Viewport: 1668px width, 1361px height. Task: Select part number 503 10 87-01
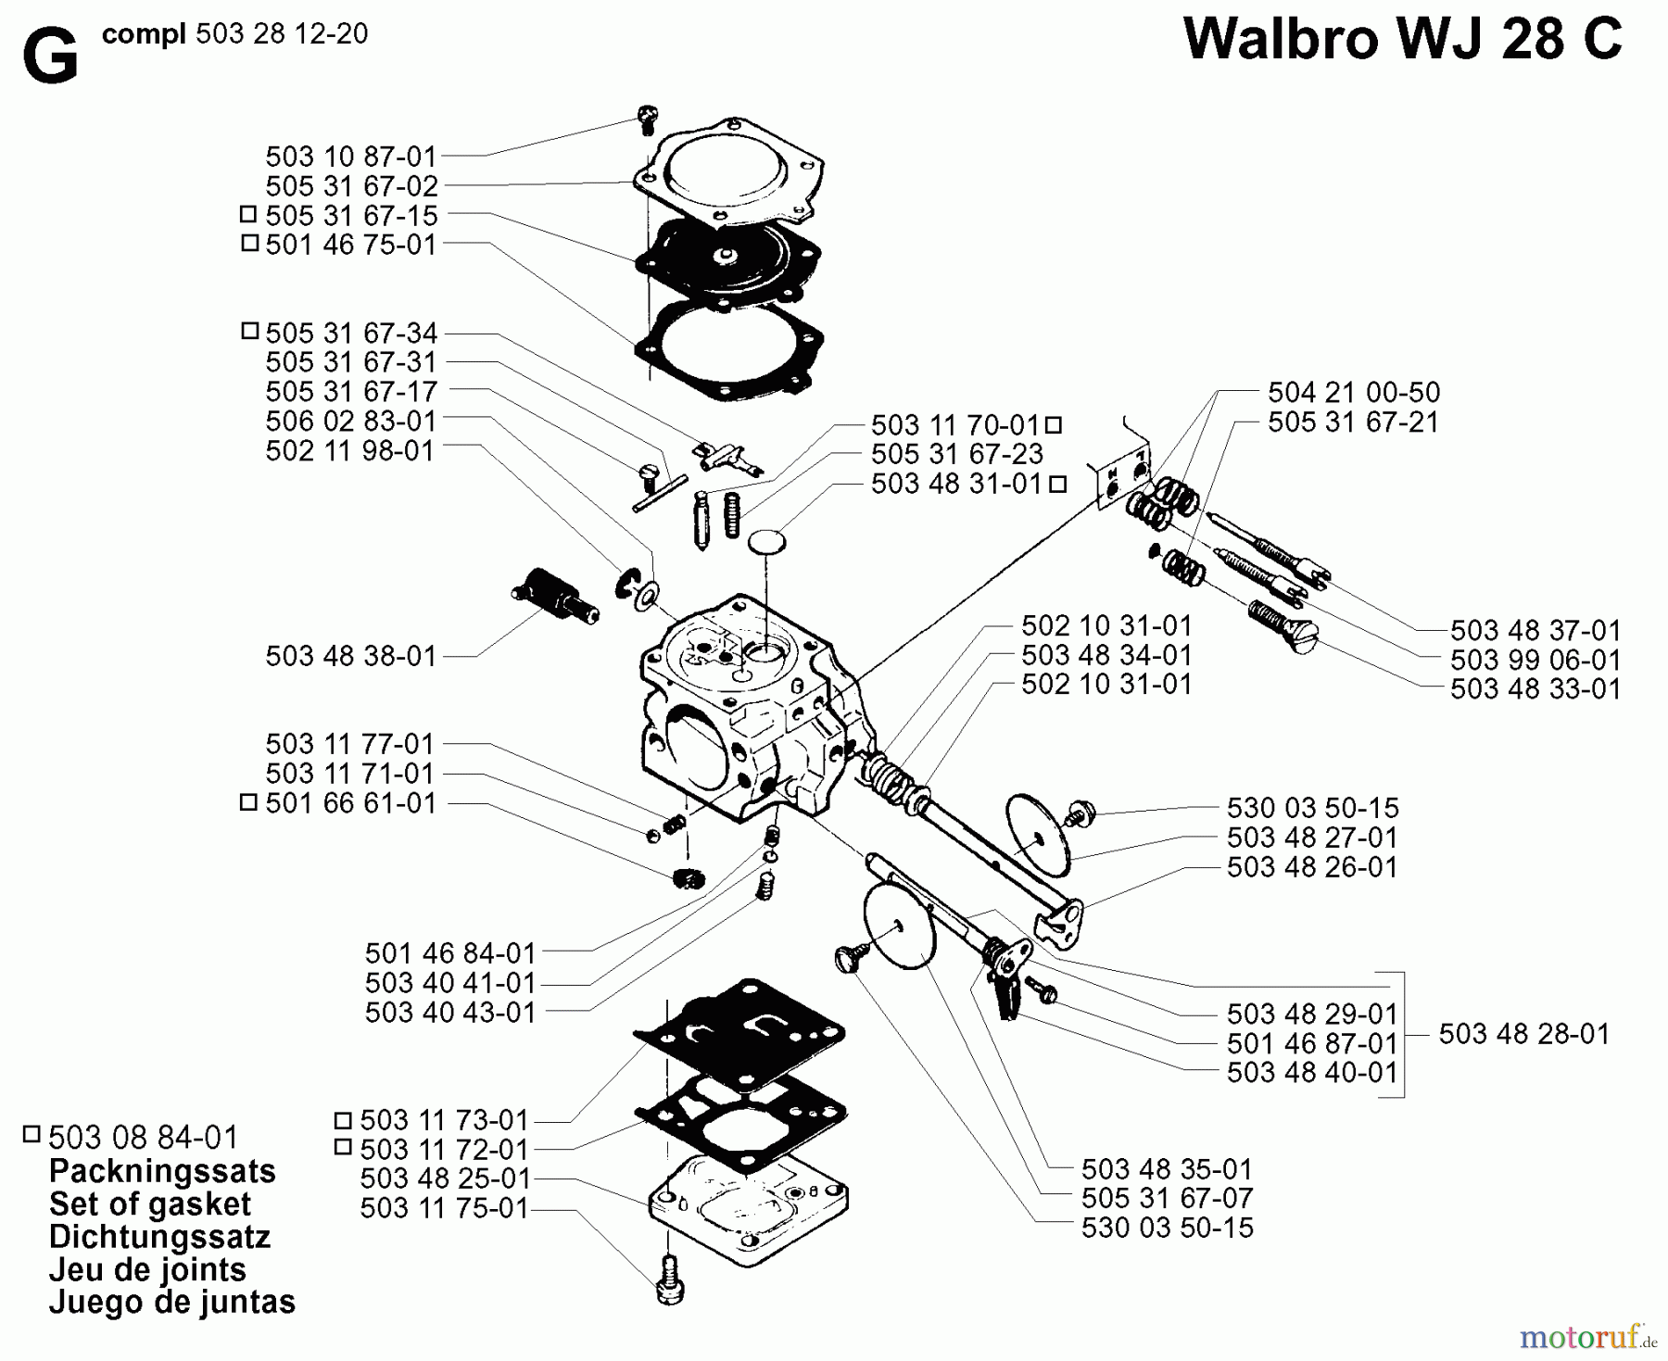pyautogui.click(x=350, y=156)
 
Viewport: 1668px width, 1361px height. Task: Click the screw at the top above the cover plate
pyautogui.click(x=647, y=119)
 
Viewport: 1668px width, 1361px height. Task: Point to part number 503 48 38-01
pyautogui.click(x=350, y=656)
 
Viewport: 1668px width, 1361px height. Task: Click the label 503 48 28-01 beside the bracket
pyautogui.click(x=1523, y=1034)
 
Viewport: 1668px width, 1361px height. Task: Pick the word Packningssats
pyautogui.click(x=162, y=1171)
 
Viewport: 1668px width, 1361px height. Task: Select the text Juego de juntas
pyautogui.click(x=171, y=1302)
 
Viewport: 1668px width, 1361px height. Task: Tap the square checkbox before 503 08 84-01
pyautogui.click(x=32, y=1134)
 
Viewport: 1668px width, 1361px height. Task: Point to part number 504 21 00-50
pyautogui.click(x=1353, y=392)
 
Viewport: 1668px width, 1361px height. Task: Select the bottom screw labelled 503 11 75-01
pyautogui.click(x=668, y=1280)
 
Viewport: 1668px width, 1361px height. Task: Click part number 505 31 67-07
pyautogui.click(x=1167, y=1198)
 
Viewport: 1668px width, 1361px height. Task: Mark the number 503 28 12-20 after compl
pyautogui.click(x=282, y=34)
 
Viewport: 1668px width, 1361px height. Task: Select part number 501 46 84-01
pyautogui.click(x=450, y=953)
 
